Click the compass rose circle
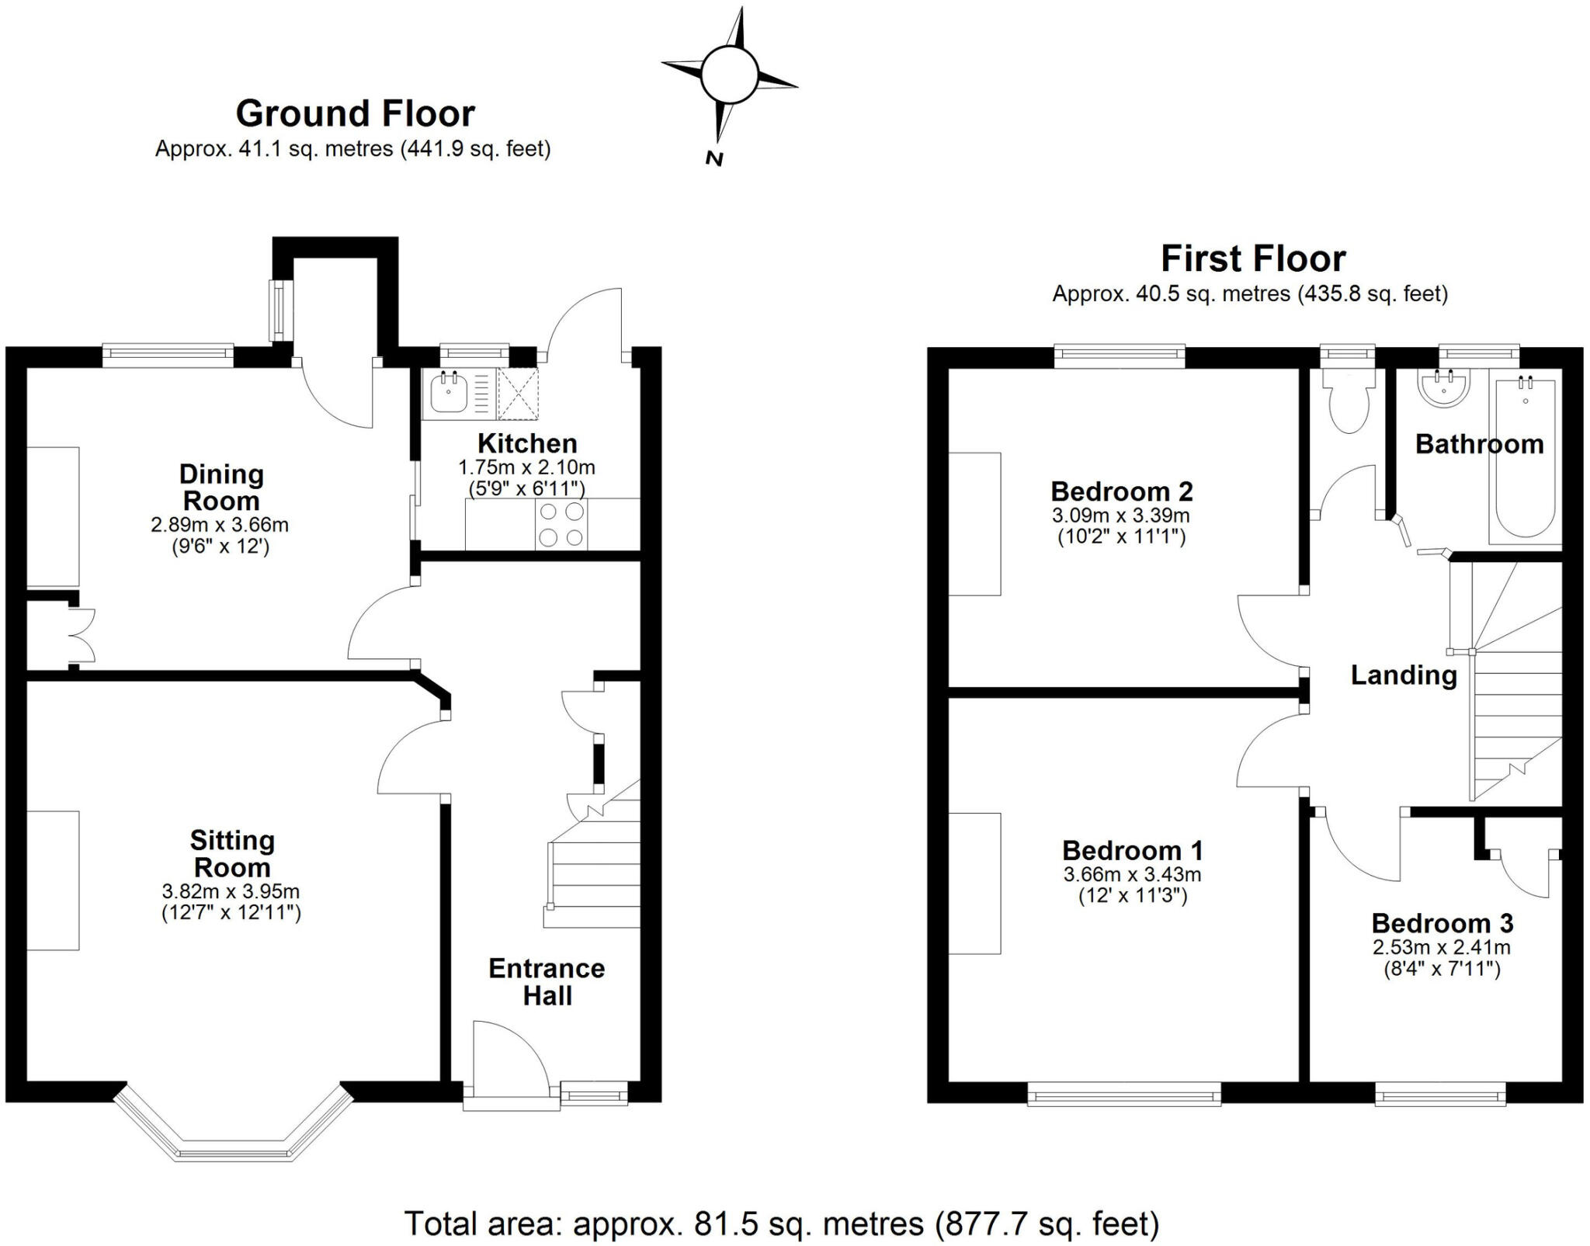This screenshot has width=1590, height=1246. point(728,74)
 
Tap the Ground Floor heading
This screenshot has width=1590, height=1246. point(355,114)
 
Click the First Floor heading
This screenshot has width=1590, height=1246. point(1252,259)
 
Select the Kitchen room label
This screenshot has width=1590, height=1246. point(527,444)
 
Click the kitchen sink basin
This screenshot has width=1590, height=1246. point(448,394)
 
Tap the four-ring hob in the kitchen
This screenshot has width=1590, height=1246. point(561,524)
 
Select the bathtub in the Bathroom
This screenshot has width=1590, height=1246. point(1525,458)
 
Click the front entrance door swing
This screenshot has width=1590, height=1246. point(505,1056)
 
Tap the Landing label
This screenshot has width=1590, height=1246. point(1403,675)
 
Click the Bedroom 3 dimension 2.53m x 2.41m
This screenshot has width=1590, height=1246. point(1441,947)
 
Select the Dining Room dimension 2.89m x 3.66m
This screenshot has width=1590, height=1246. point(220,525)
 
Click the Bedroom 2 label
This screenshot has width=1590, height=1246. point(1121,491)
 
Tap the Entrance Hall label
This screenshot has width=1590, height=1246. point(547,982)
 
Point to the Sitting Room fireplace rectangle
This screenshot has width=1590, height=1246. point(53,880)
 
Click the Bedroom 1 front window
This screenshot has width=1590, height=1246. point(1123,1096)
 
